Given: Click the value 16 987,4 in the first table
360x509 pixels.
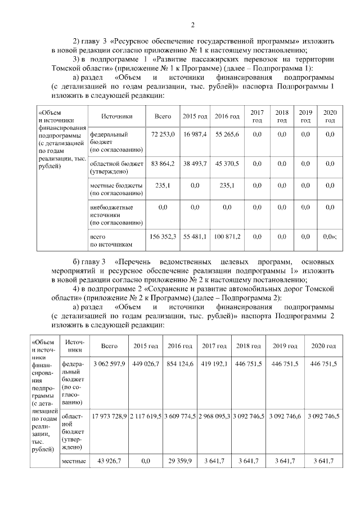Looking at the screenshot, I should pyautogui.click(x=195, y=134).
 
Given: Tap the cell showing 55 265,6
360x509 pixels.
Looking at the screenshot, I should pyautogui.click(x=227, y=134).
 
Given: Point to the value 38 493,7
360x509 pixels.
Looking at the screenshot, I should pyautogui.click(x=195, y=163).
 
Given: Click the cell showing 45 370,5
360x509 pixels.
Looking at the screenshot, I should pyautogui.click(x=227, y=163).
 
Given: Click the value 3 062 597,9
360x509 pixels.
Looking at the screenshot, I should pyautogui.click(x=109, y=364).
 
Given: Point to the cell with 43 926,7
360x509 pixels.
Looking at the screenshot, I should pyautogui.click(x=109, y=461).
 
